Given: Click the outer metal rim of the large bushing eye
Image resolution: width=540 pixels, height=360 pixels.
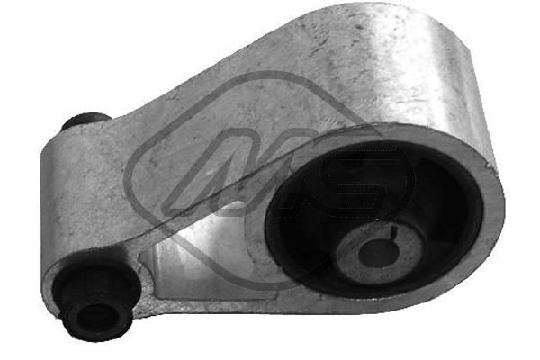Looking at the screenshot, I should [x=490, y=216].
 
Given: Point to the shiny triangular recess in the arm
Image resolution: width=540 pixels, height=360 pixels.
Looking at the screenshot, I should [x=193, y=243].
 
